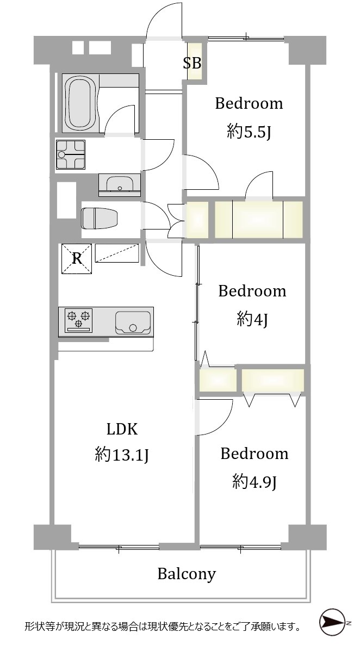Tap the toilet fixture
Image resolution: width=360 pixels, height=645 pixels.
(100, 218)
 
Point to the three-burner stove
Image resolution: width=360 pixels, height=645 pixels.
(79, 320)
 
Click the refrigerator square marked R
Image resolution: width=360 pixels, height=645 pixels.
(77, 258)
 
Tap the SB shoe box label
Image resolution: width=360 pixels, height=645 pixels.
(192, 63)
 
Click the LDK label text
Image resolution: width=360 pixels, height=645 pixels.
(122, 430)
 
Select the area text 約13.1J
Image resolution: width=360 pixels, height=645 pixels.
(122, 455)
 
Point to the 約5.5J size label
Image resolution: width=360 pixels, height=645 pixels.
(249, 133)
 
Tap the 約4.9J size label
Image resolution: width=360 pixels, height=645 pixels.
(254, 481)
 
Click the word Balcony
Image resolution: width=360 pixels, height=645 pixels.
(187, 573)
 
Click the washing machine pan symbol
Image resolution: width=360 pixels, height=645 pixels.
(70, 154)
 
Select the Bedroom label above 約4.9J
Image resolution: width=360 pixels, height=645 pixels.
(255, 454)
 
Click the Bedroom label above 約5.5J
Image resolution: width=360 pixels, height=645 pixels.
(249, 103)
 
